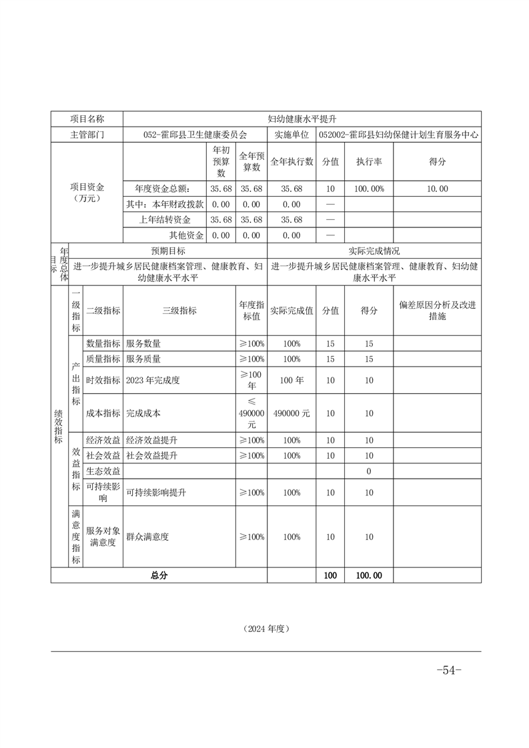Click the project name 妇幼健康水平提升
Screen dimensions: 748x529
[x=302, y=119]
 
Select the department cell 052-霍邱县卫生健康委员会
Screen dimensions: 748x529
[x=195, y=134]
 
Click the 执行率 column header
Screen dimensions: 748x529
[x=369, y=161]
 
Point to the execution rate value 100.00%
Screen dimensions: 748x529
[x=369, y=189]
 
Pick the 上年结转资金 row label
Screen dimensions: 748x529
[x=164, y=220]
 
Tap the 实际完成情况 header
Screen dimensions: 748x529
[x=374, y=251]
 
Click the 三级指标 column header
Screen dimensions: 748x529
[x=179, y=311]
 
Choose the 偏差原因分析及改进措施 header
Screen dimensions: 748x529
[x=437, y=311]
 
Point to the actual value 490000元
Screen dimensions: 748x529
[x=292, y=413]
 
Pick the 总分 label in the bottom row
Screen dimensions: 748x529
[x=159, y=575]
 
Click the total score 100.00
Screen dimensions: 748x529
[x=369, y=575]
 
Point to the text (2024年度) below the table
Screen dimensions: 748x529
[x=266, y=628]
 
